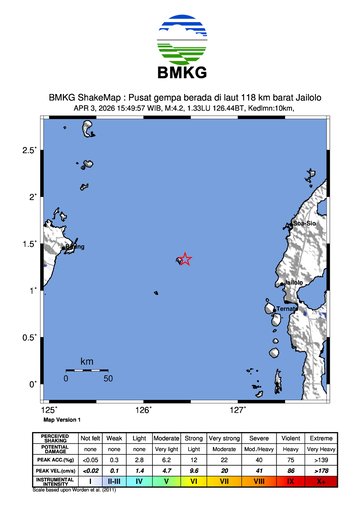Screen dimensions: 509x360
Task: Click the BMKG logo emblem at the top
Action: [x=180, y=39]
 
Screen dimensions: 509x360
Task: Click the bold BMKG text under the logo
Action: [x=180, y=74]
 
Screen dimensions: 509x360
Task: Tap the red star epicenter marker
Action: [x=184, y=259]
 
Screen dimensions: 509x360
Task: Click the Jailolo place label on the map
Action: [x=294, y=283]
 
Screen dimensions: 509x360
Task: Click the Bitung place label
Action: [x=74, y=245]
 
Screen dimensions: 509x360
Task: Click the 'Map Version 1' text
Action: [x=64, y=420]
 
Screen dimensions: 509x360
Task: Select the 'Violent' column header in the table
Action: [x=290, y=438]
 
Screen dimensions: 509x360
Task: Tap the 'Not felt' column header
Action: [x=90, y=438]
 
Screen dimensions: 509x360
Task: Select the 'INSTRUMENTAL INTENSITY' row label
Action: [x=56, y=481]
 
